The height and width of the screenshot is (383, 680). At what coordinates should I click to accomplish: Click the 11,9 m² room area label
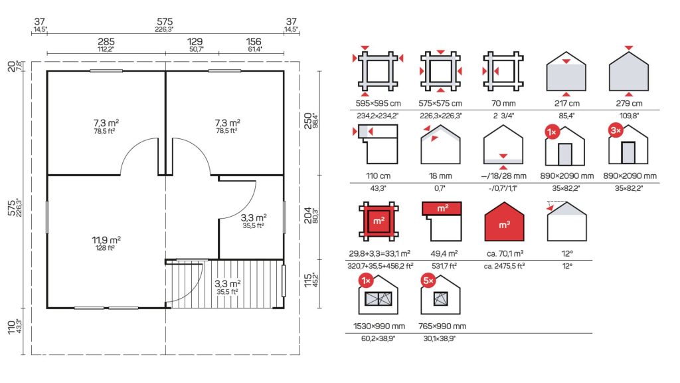(x=106, y=239)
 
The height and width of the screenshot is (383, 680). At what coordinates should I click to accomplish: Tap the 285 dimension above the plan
(x=106, y=41)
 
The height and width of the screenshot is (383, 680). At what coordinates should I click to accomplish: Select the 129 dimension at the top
(x=195, y=41)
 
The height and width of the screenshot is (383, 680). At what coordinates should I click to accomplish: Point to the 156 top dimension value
(x=254, y=41)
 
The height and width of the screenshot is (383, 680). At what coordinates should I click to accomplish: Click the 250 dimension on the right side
(x=308, y=120)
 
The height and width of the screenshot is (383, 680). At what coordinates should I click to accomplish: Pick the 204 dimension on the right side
(x=308, y=215)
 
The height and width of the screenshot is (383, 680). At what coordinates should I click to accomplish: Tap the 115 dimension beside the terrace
(x=308, y=280)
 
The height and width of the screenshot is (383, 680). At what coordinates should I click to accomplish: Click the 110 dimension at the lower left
(x=11, y=327)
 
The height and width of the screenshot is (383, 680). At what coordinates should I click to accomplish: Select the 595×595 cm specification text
(x=378, y=103)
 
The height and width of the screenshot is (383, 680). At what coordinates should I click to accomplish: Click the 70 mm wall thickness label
(x=503, y=103)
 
